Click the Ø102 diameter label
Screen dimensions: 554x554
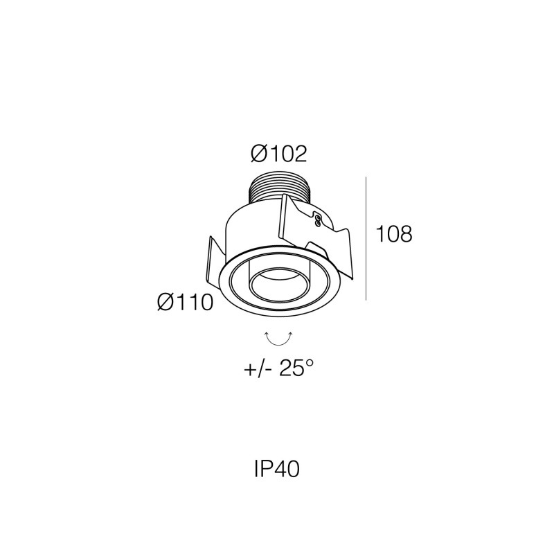pos(279,154)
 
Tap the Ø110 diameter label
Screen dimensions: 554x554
pos(186,303)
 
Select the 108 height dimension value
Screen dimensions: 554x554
pos(394,234)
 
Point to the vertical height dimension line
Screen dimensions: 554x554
pos(366,238)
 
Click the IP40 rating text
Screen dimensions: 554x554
pos(277,470)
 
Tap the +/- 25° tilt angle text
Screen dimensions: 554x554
pos(279,369)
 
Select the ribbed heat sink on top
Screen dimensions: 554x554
pos(279,191)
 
